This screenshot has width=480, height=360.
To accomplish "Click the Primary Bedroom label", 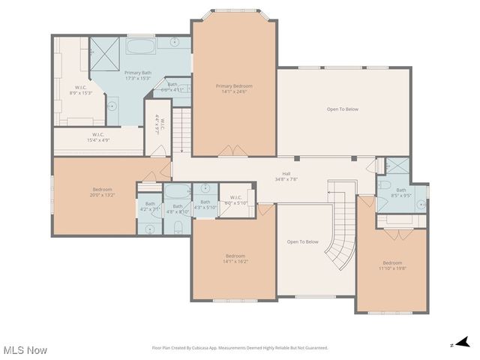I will point(233,89).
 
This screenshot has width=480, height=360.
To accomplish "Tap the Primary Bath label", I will point(138,75).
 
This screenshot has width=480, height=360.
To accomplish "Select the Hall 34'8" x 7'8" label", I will point(286,176).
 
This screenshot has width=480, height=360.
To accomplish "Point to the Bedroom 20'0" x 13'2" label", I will point(102,192).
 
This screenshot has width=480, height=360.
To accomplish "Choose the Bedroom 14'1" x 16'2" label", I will point(235,258).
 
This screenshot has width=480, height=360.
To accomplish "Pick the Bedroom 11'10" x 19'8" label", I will point(392,265).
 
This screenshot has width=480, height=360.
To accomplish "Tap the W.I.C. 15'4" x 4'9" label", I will point(98,137).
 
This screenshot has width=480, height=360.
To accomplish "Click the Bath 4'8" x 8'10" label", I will point(178,209).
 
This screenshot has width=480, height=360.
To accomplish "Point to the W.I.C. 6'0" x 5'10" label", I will point(236,201).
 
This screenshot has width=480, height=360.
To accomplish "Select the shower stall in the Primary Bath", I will point(104,51).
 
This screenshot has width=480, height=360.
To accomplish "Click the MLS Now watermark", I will point(25,350).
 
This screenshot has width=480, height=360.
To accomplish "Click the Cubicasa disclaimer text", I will point(240,348).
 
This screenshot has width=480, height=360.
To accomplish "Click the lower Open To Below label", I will point(303,241).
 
